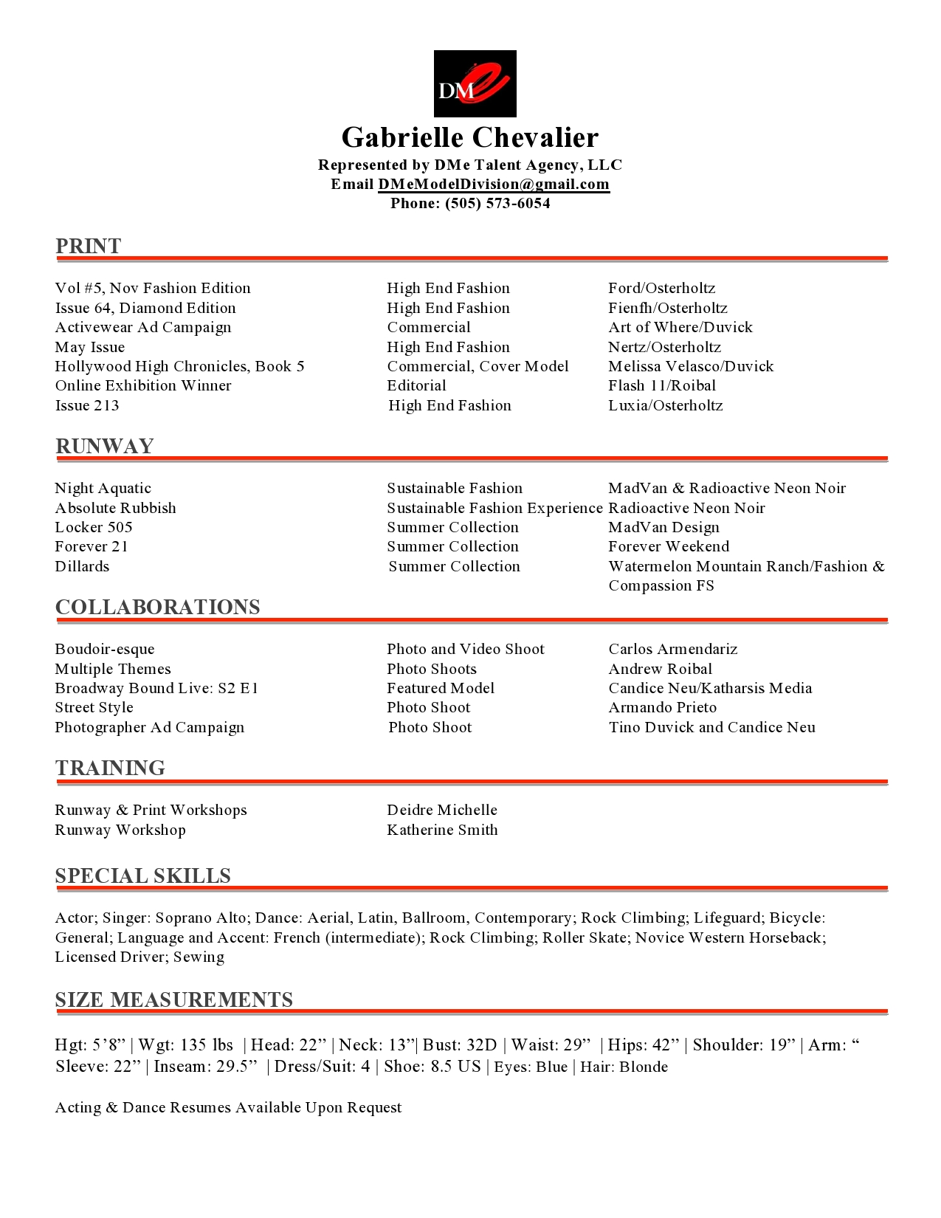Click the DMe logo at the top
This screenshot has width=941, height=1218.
point(475,83)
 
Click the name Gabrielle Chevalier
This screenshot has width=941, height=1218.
point(470,137)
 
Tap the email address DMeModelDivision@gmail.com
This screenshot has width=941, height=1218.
point(493,184)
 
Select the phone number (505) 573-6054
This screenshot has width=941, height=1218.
point(497,203)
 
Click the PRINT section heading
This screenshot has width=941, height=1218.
point(88,246)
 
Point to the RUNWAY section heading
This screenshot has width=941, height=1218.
point(104,446)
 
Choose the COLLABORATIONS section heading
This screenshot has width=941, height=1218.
point(157,607)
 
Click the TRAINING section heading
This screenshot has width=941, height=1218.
point(110,768)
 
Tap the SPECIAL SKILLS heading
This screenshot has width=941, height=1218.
point(142,875)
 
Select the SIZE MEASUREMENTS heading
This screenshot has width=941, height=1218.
point(173,999)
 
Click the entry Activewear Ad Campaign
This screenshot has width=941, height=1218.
point(142,327)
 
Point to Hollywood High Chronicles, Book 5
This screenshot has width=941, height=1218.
point(179,366)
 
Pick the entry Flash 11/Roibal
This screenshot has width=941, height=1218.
point(661,385)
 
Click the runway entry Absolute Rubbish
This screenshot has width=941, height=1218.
point(115,508)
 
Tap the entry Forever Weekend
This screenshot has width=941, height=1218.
point(668,546)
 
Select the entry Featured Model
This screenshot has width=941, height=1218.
point(441,688)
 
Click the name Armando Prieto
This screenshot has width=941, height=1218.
point(662,707)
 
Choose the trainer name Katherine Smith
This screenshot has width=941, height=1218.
point(442,830)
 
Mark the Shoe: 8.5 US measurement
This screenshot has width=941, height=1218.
point(432,1067)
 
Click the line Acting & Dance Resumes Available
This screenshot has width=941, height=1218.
point(228,1107)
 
